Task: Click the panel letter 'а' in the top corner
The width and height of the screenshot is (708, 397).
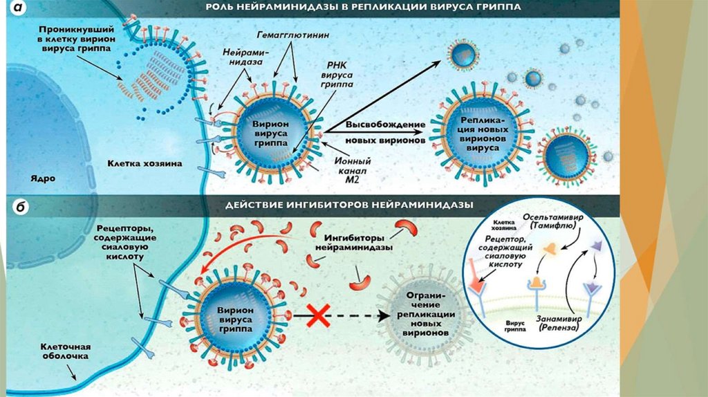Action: (x=15, y=9)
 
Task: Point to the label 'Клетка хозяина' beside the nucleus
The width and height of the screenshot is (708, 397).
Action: (x=145, y=164)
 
